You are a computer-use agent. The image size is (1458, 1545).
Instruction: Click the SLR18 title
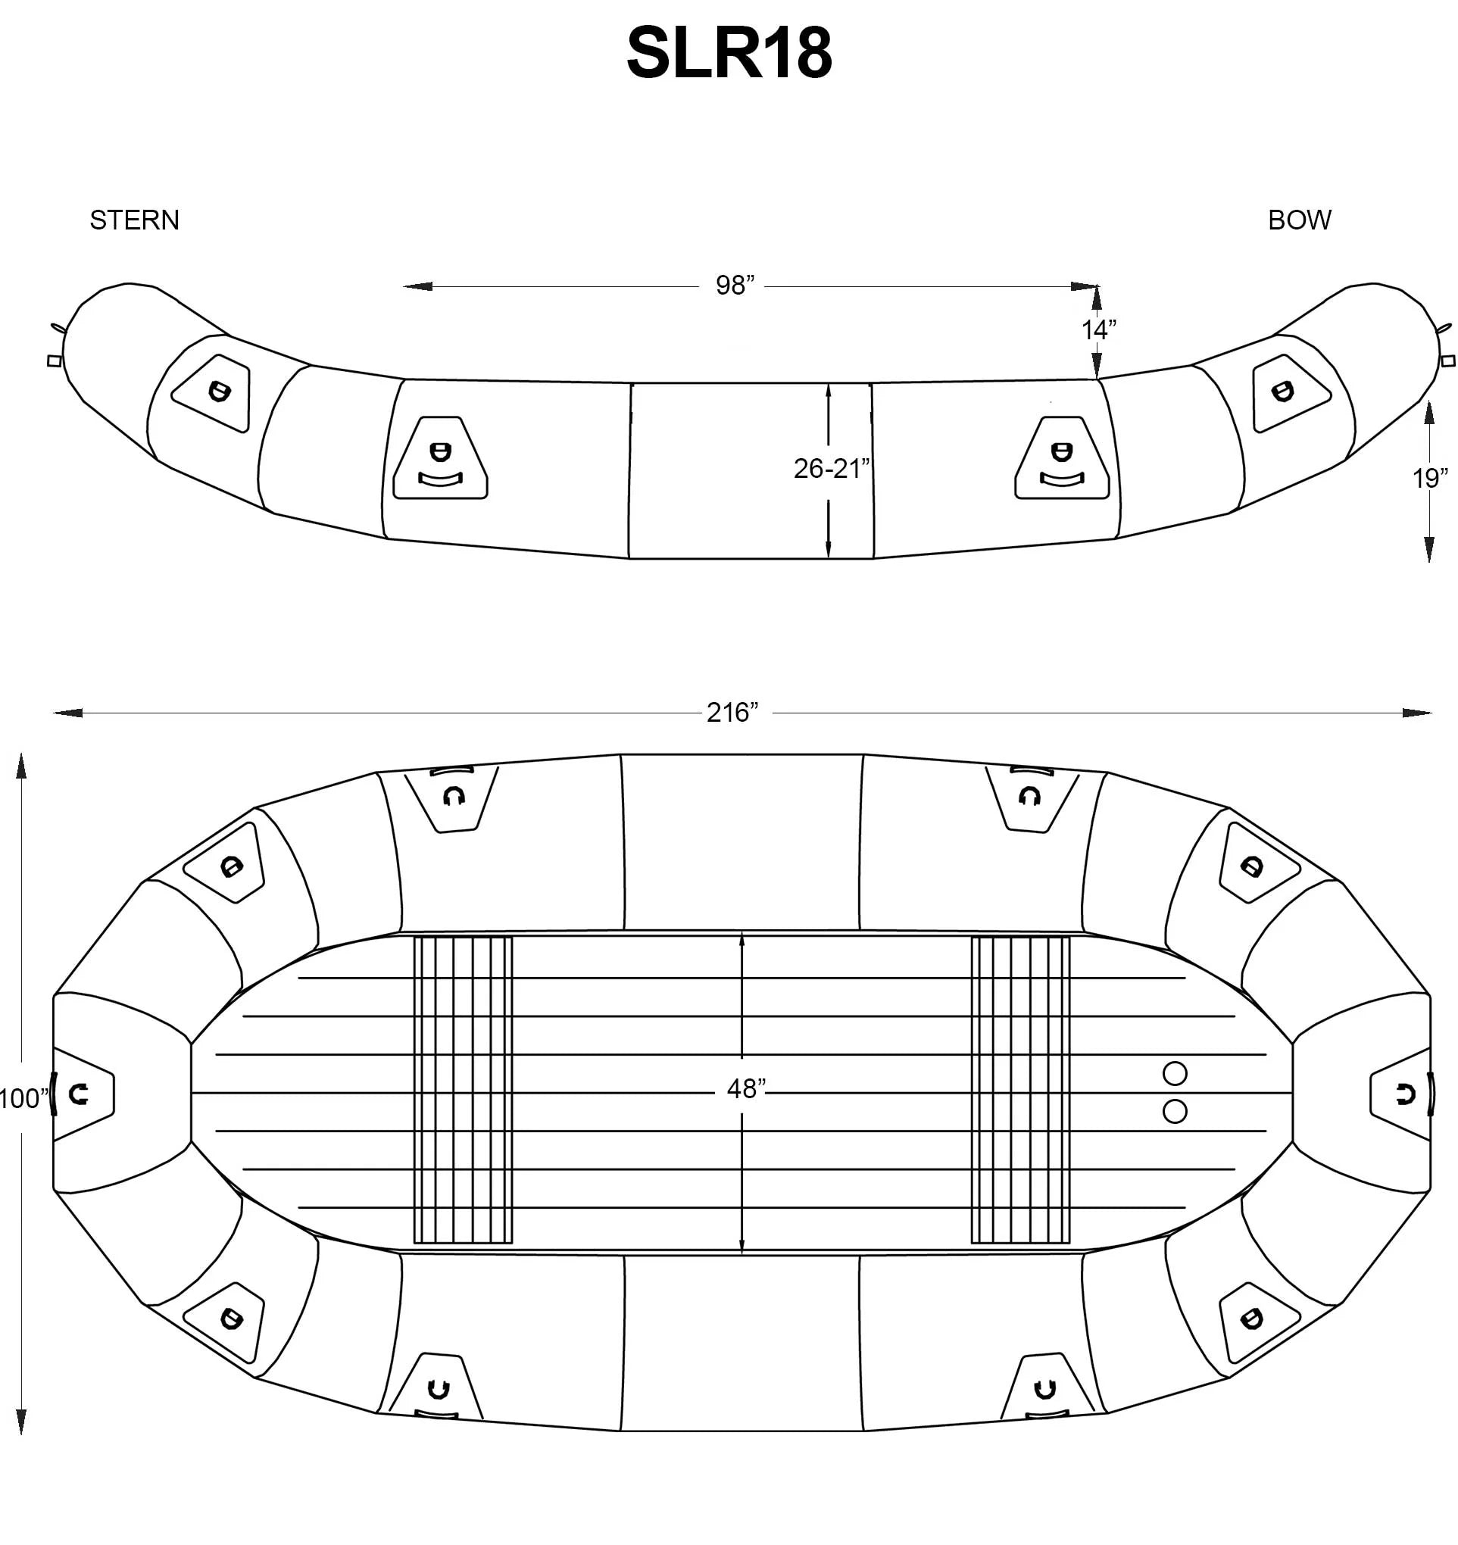tap(729, 53)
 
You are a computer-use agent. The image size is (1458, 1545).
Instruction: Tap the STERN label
tap(135, 220)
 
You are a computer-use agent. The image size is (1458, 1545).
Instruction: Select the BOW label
tap(1300, 220)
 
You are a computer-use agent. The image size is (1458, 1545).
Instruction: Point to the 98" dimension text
tap(735, 286)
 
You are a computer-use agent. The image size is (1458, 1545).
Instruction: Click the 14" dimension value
tap(1099, 329)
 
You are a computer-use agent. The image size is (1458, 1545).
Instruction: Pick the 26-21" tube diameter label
tap(832, 469)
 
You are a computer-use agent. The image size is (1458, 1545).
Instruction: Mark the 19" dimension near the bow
tap(1430, 478)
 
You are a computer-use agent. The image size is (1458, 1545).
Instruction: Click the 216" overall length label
tap(732, 713)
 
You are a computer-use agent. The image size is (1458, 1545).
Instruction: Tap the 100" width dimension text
tap(24, 1099)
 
